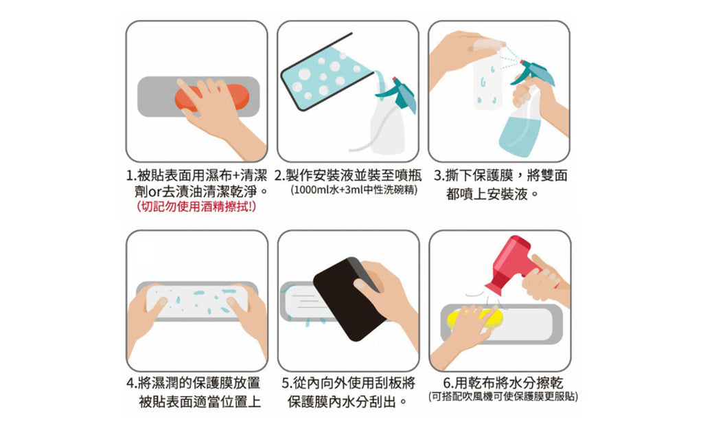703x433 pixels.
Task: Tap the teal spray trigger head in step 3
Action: [533, 73]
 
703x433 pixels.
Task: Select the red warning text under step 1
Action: [196, 206]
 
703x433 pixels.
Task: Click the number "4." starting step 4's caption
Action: [132, 384]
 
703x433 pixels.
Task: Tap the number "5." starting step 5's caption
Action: [288, 384]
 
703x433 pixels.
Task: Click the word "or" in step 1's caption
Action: [154, 192]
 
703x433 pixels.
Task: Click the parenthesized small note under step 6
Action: [503, 397]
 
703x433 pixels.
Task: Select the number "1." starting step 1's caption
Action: [132, 175]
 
